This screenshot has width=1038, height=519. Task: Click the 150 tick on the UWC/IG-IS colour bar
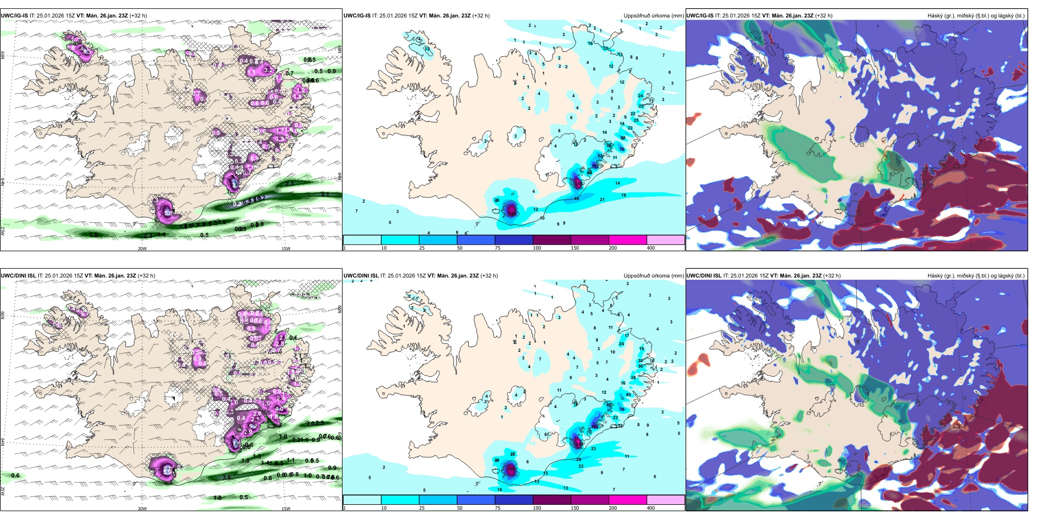pos(575,248)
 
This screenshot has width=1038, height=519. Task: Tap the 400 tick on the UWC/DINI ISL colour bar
pos(651,508)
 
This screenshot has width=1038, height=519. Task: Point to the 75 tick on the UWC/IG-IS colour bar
pos(498,248)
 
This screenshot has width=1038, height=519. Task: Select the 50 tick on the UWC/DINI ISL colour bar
pos(459,508)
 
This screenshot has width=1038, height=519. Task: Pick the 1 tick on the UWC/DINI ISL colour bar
pos(345,508)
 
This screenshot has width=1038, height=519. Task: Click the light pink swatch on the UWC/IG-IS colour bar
pos(665,240)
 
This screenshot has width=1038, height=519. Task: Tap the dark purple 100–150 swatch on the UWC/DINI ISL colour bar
pos(551,500)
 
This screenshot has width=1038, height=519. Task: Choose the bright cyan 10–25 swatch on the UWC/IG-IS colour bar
pos(400,240)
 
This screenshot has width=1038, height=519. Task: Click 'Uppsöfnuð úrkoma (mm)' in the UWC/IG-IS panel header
pos(653,16)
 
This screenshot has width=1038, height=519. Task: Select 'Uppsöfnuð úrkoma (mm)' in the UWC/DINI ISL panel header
pos(653,276)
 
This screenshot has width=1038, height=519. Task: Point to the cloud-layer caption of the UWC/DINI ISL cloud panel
pos(976,276)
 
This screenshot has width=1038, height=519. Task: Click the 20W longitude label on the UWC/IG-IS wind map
pos(142,249)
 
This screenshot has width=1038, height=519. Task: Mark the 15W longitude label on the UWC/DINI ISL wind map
pos(286,509)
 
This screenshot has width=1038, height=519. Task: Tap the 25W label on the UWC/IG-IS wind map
pos(3,231)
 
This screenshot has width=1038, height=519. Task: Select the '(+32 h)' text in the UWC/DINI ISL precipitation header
pos(489,276)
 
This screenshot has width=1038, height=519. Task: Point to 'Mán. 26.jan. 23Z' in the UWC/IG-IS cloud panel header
pos(792,16)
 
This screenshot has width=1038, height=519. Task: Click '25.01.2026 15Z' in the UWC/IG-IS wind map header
pos(55,16)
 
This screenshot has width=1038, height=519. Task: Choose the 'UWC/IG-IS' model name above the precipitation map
pos(357,16)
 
